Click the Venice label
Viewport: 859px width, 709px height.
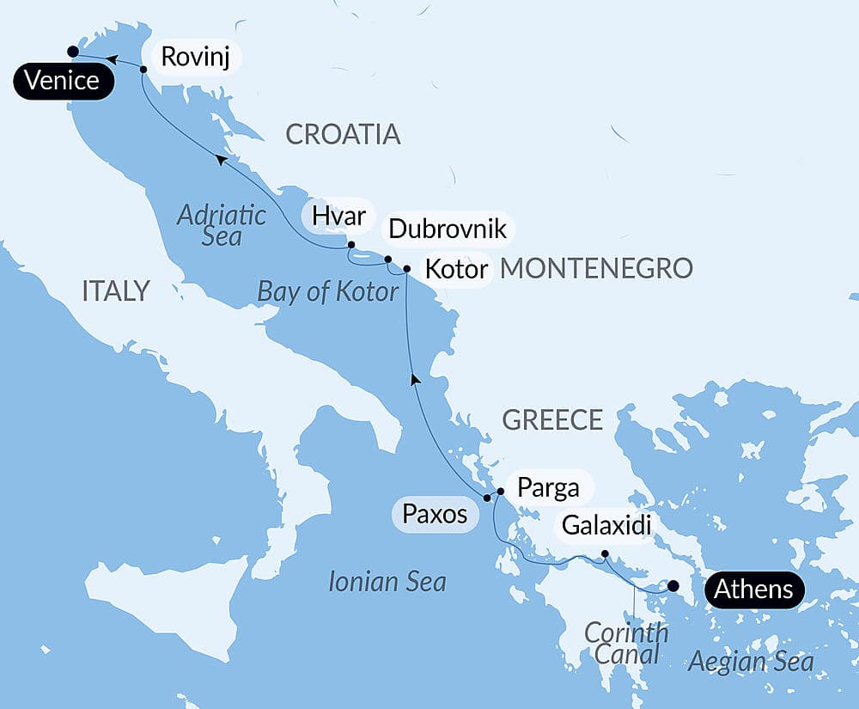pyautogui.click(x=62, y=82)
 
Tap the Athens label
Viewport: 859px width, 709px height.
pyautogui.click(x=752, y=590)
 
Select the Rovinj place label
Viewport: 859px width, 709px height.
pyautogui.click(x=196, y=58)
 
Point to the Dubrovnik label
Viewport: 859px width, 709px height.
pyautogui.click(x=448, y=229)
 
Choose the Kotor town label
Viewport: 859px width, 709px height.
pyautogui.click(x=457, y=266)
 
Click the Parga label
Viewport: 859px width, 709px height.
pyautogui.click(x=547, y=487)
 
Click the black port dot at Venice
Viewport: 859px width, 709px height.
pyautogui.click(x=73, y=52)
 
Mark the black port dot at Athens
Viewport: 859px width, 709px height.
pyautogui.click(x=673, y=586)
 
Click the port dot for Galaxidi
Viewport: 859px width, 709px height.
pyautogui.click(x=605, y=553)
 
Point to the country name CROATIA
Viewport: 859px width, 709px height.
pyautogui.click(x=343, y=134)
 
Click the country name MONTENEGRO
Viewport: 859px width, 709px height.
pyautogui.click(x=596, y=268)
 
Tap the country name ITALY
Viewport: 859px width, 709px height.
pyautogui.click(x=116, y=290)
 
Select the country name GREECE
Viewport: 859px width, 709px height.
pyautogui.click(x=552, y=419)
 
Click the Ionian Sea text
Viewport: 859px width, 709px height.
pyautogui.click(x=387, y=582)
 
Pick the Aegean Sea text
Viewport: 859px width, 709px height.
pyautogui.click(x=751, y=662)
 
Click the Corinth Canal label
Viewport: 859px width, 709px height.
pyautogui.click(x=625, y=644)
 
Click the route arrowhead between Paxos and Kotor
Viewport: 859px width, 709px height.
pyautogui.click(x=415, y=378)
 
